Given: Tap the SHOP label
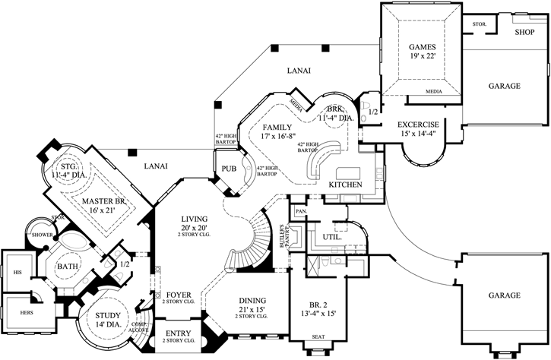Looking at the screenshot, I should (x=525, y=33).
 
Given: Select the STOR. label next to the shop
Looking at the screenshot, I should (x=479, y=24).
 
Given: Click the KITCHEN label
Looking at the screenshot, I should (x=344, y=185).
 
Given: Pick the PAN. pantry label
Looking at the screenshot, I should (x=300, y=210).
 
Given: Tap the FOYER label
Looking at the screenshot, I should (x=179, y=294).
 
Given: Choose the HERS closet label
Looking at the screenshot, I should (x=17, y=311).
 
